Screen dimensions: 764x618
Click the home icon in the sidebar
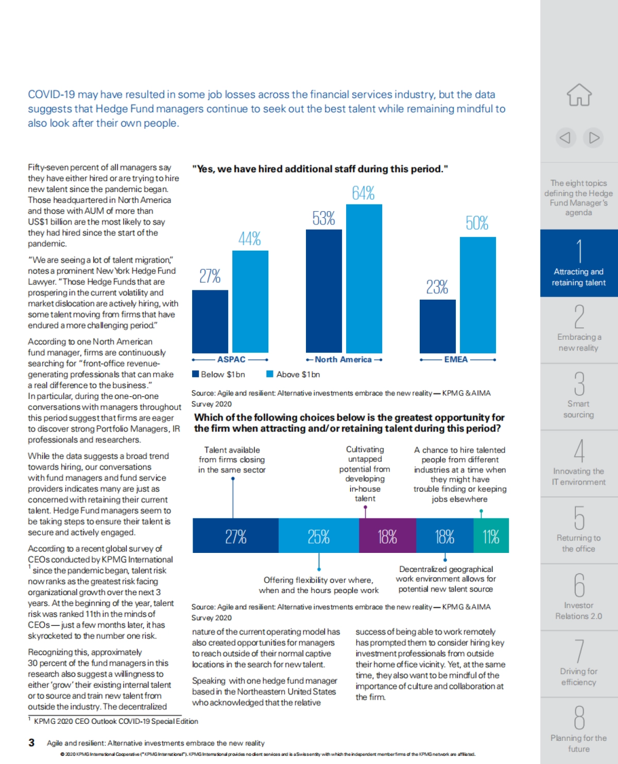point(579,95)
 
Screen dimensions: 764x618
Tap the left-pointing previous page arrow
point(565,137)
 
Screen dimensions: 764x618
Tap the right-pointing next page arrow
point(594,137)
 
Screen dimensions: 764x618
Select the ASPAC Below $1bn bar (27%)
point(210,321)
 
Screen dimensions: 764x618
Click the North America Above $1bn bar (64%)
point(364,278)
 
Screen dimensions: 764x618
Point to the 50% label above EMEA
point(477,223)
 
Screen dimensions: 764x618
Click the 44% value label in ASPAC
point(250,239)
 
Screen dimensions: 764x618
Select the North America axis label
point(343,359)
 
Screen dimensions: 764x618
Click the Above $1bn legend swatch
point(270,374)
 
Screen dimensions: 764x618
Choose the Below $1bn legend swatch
point(196,374)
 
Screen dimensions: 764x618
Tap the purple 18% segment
point(387,536)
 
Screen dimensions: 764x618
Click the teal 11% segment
point(491,536)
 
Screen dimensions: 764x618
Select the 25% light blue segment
point(318,536)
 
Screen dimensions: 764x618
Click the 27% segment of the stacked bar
point(235,536)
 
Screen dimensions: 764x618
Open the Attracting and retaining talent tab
point(579,263)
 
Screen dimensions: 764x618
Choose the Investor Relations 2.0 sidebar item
point(579,597)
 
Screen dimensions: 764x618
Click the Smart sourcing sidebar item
point(579,396)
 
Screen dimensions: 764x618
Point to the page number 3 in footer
point(31,742)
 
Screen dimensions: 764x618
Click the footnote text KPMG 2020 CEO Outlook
point(116,721)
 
